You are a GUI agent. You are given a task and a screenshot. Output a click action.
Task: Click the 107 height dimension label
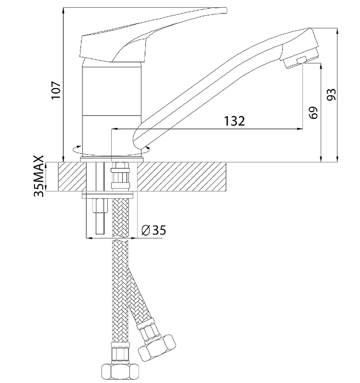56,90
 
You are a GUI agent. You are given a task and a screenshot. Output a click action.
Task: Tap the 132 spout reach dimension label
234,121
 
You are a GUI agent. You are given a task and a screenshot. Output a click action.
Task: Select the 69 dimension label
314,113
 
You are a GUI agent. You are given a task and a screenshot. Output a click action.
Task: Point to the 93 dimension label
331,94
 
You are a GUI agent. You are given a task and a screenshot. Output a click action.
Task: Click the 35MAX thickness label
39,176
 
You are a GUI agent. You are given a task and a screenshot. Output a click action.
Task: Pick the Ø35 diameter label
153,230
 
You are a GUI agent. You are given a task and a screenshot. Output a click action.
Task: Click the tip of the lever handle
226,10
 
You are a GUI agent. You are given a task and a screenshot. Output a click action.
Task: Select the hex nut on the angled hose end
157,347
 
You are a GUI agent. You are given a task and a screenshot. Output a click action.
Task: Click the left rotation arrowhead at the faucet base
79,147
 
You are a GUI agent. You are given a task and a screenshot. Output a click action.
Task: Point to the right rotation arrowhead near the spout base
147,148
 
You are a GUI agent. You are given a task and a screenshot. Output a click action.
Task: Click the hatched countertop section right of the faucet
181,177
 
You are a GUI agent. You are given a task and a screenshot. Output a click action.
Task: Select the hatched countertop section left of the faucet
72,177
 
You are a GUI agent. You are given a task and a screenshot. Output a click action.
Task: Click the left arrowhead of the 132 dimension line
114,128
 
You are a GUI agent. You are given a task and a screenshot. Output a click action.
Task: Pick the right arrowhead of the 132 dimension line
300,128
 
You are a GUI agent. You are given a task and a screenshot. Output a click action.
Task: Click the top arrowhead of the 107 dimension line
63,11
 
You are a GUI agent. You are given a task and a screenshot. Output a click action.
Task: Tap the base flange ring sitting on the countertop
112,159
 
